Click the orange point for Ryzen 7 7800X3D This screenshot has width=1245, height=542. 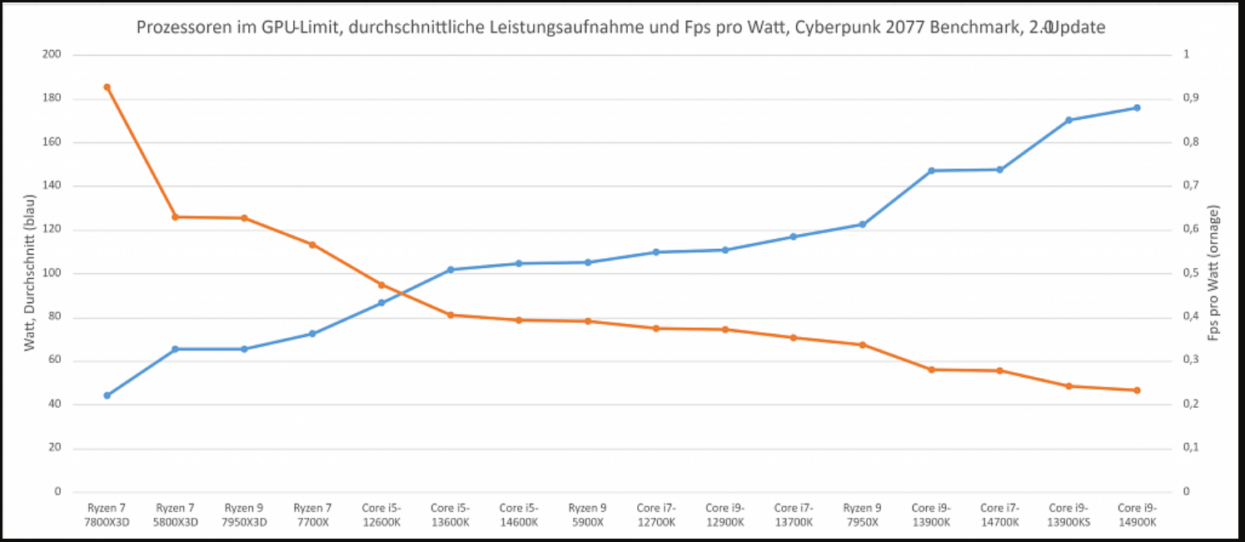(x=107, y=87)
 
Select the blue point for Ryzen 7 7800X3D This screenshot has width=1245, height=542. (x=107, y=395)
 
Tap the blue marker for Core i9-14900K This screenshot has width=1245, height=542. (x=1137, y=107)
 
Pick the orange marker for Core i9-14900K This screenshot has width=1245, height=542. (x=1137, y=390)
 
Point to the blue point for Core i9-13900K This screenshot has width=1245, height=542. (x=931, y=171)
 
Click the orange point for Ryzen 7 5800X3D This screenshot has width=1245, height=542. (x=175, y=217)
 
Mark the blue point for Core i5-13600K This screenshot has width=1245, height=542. (x=450, y=270)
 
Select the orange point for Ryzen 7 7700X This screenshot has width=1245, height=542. (x=312, y=245)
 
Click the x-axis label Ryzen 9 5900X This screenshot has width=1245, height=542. (x=587, y=515)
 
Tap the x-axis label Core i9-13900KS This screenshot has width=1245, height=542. (x=1068, y=515)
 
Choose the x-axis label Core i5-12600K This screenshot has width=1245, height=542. (x=381, y=515)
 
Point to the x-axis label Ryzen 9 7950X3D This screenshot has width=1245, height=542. (x=244, y=515)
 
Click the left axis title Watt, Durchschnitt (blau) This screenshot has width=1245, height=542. (x=30, y=272)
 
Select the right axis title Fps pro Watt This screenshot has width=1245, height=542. (x=1215, y=272)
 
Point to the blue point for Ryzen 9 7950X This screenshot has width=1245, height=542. (x=862, y=225)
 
